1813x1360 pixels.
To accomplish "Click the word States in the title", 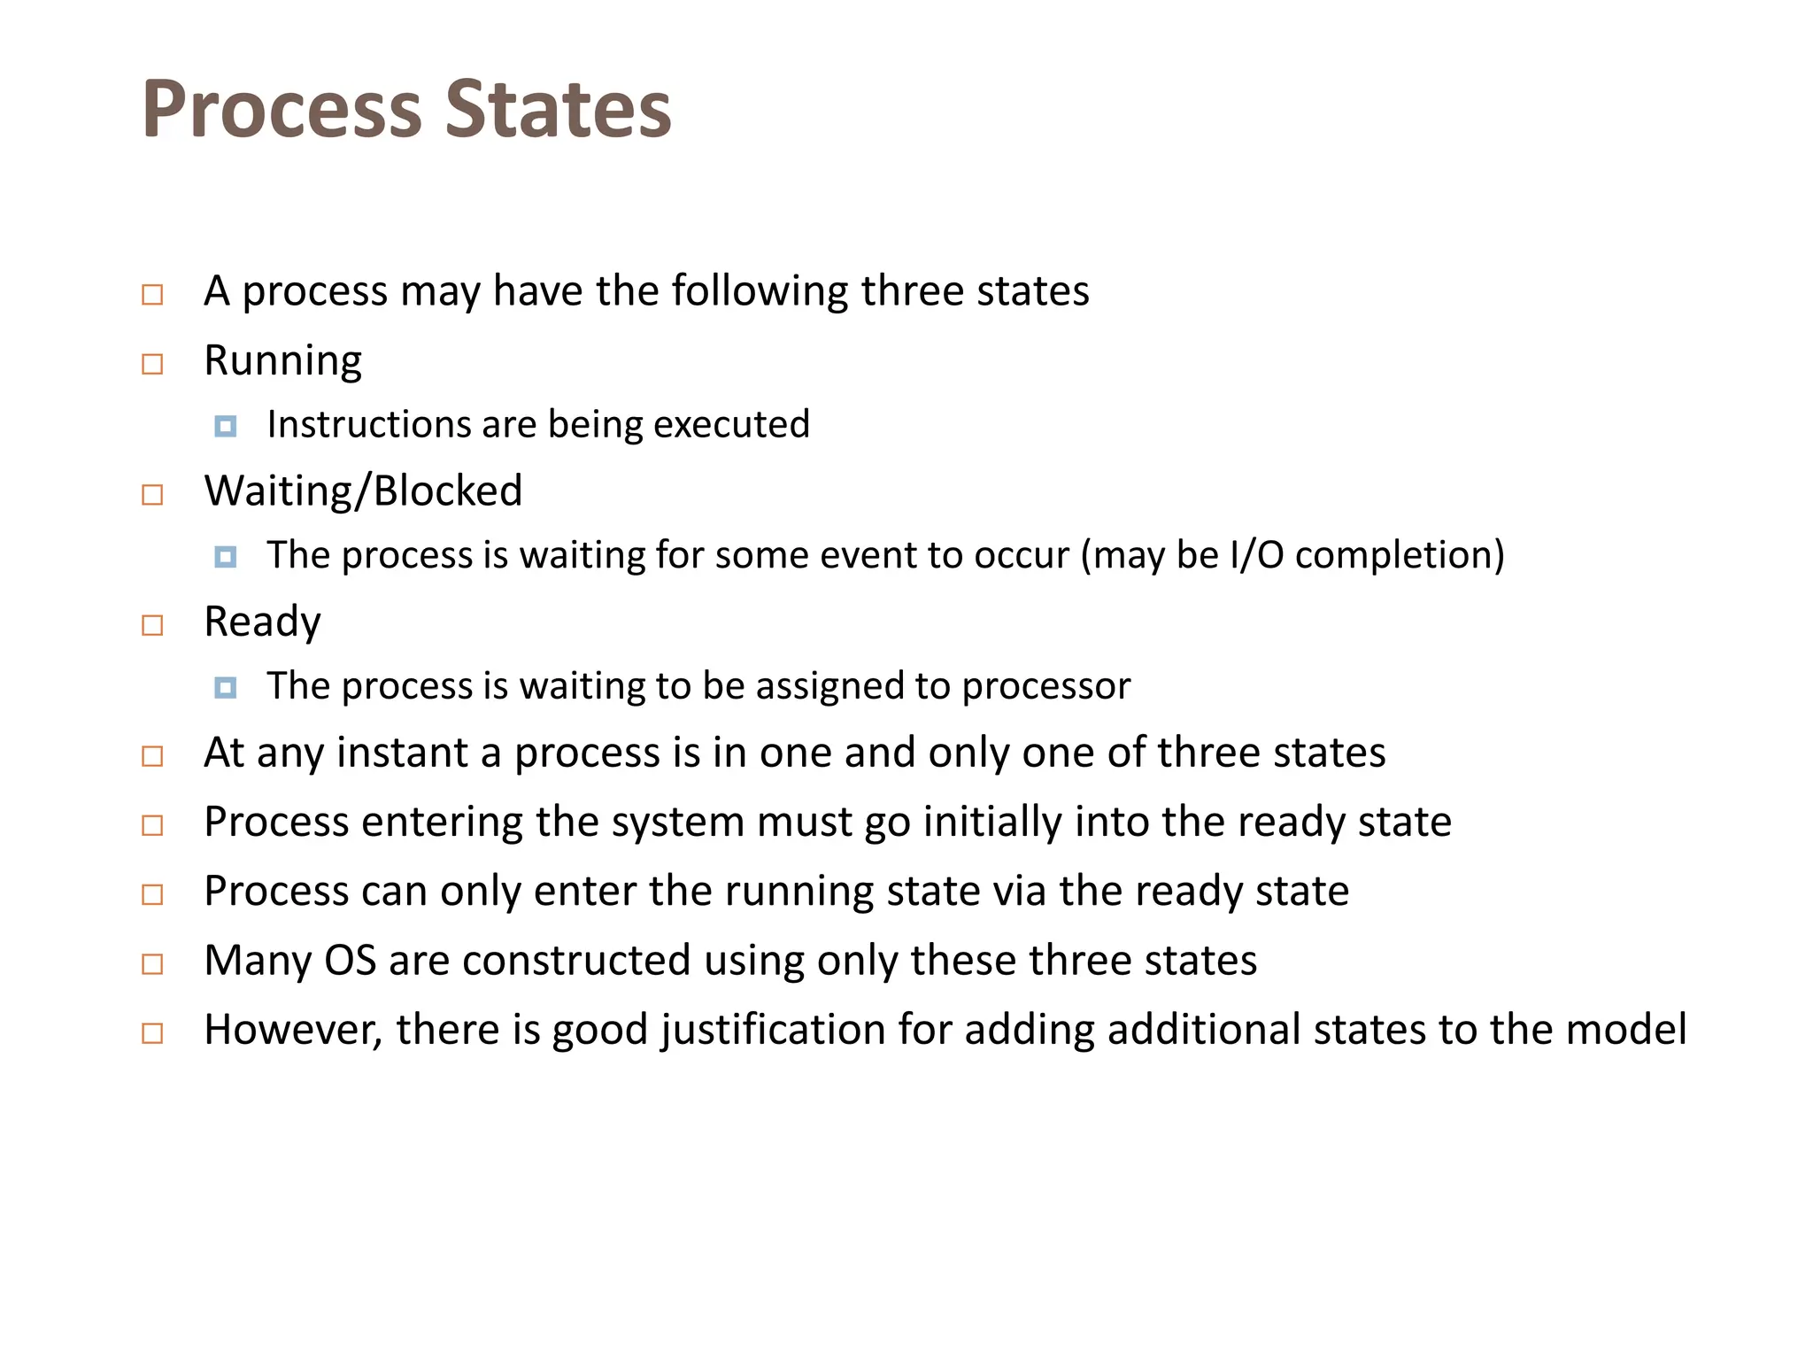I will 558,110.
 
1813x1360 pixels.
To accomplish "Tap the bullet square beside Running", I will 152,364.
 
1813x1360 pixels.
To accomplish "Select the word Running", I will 282,361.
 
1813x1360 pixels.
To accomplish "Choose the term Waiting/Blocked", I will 363,491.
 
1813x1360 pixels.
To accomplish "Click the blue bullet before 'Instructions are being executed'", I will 226,427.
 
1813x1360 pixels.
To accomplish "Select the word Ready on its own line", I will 262,622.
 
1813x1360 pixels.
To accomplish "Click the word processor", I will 1046,687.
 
